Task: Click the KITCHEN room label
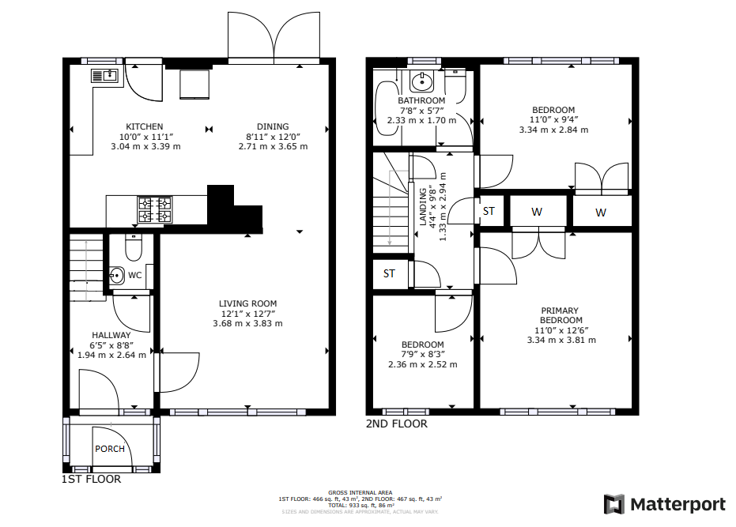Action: pos(145,126)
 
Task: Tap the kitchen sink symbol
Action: pos(104,76)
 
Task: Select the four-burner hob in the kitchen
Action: pos(156,209)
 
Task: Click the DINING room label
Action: pos(273,126)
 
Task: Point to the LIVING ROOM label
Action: pos(247,303)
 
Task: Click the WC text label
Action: pos(135,275)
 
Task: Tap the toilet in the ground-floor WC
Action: pos(132,248)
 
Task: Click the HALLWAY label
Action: pos(111,335)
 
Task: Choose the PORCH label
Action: pos(110,449)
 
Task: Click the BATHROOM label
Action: pos(421,101)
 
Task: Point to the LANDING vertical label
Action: pos(424,207)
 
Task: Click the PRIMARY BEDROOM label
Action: pos(560,315)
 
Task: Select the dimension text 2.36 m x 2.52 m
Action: pos(422,365)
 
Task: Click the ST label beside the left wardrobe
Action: pos(489,211)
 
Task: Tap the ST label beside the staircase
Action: pos(389,273)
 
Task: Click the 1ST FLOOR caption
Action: pos(91,479)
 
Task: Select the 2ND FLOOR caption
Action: pos(396,424)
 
